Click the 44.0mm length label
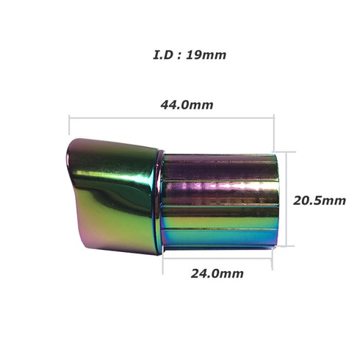tap(187, 104)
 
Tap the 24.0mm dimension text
tap(217, 274)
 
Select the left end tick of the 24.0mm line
tap(163, 258)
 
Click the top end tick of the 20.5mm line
tap(295, 154)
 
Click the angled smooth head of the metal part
tap(114, 191)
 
